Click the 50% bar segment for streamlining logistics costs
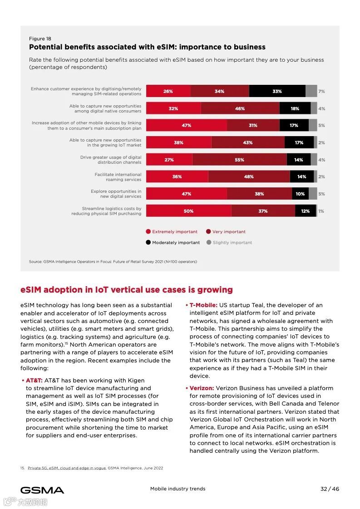click(188, 211)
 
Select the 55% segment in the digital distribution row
click(239, 160)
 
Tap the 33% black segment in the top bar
click(277, 91)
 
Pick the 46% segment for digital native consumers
click(240, 108)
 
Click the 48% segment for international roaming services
click(249, 176)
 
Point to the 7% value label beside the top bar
click(321, 91)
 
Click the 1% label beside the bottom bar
click(321, 211)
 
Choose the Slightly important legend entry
click(229, 242)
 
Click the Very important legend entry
click(226, 231)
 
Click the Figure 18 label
click(40, 39)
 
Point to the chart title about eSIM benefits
click(147, 47)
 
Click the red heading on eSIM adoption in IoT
click(127, 289)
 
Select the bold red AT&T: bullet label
click(34, 380)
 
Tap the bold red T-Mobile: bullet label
click(203, 305)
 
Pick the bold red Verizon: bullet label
click(202, 388)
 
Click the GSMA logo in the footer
click(42, 490)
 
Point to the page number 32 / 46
click(330, 489)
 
